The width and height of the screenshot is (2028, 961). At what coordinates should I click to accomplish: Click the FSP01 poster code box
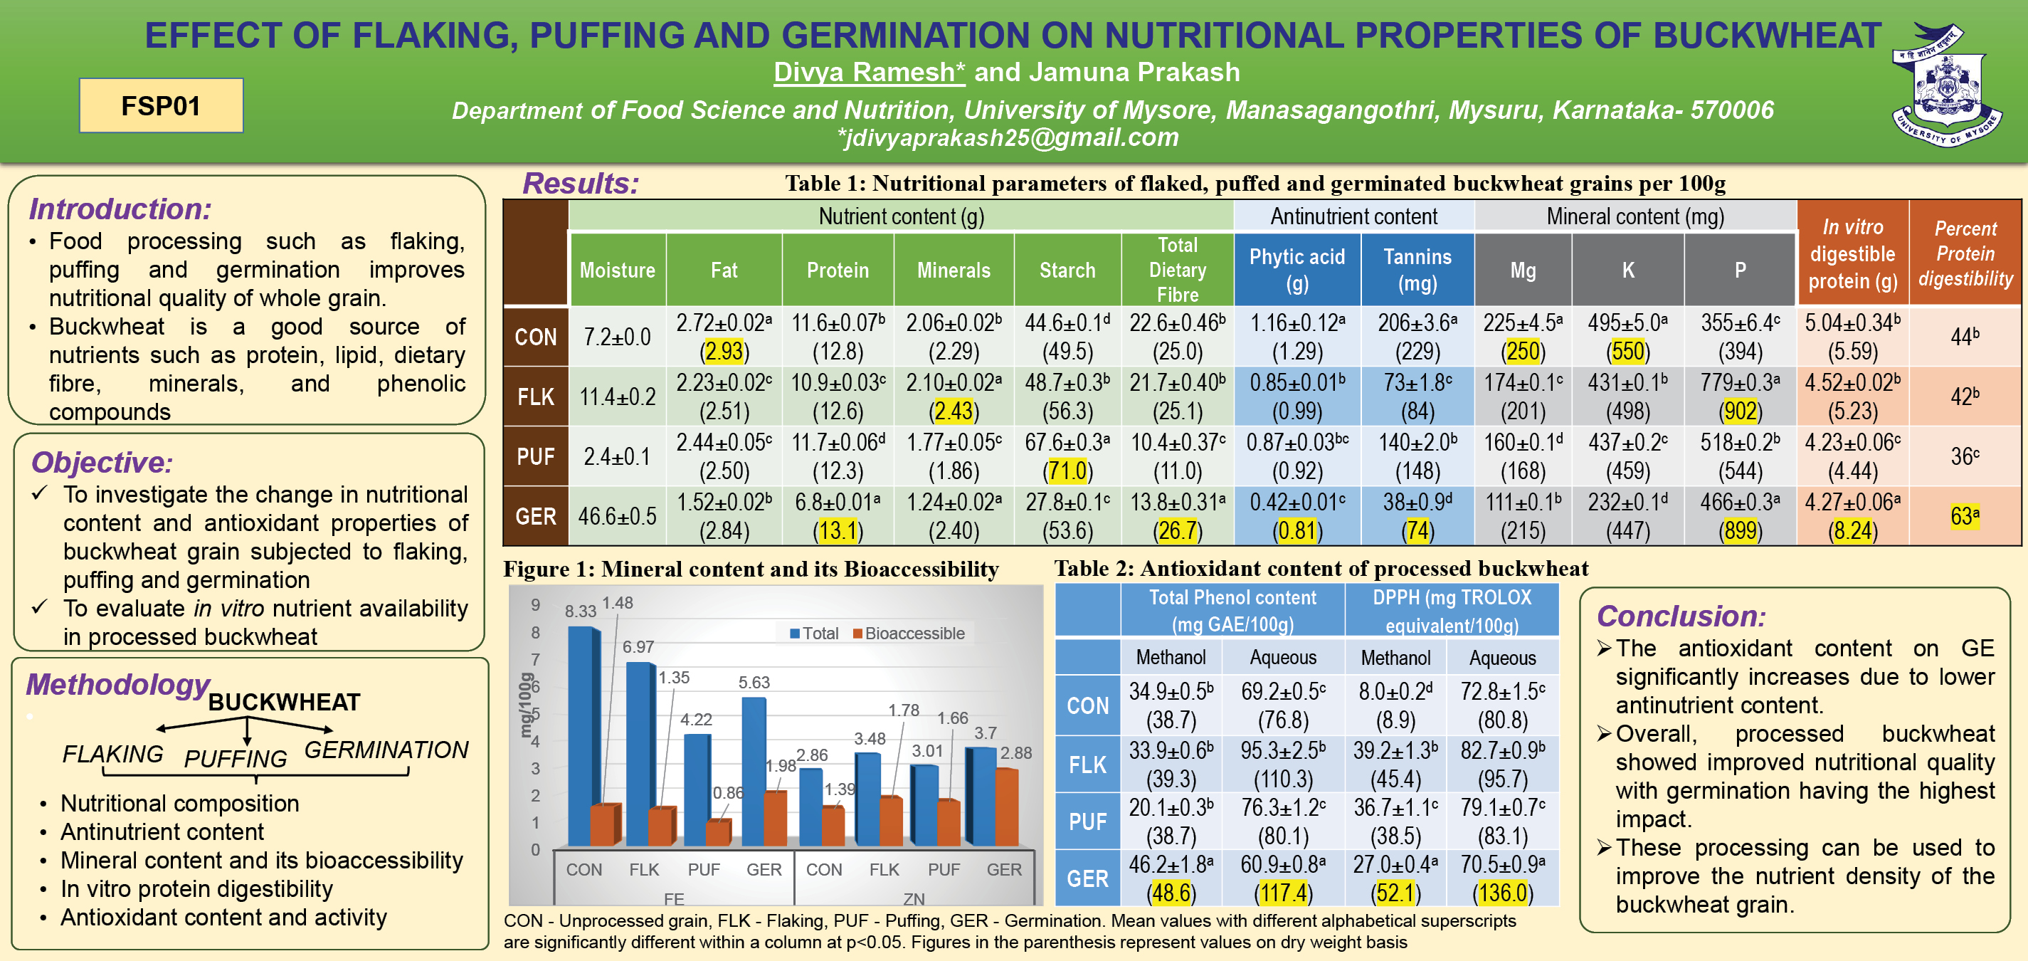click(x=161, y=105)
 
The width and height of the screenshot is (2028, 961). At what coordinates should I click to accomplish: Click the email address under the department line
click(x=1008, y=137)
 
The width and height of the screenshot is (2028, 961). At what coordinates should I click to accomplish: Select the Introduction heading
click(x=120, y=209)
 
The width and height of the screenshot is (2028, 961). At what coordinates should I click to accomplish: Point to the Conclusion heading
click(x=1681, y=615)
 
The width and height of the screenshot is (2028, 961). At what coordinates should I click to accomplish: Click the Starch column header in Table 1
click(x=1067, y=271)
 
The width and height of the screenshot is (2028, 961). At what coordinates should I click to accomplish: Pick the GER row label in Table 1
click(x=535, y=517)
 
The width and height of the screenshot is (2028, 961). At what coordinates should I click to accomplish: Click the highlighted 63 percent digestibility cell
click(x=1964, y=516)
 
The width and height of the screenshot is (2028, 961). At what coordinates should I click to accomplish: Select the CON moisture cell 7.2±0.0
click(x=616, y=337)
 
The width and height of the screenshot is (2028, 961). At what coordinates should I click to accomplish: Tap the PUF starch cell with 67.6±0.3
click(x=1067, y=456)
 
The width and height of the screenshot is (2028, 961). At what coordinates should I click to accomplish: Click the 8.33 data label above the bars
click(x=580, y=611)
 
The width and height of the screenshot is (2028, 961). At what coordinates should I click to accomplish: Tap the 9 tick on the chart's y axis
click(x=535, y=605)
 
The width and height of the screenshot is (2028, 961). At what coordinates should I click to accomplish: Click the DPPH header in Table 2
click(x=1452, y=611)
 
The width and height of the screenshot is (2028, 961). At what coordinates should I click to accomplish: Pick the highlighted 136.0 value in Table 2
click(x=1502, y=893)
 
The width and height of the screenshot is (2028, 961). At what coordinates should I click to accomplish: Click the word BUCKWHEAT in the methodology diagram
click(x=284, y=702)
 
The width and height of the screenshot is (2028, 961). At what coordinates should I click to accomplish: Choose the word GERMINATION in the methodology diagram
click(x=386, y=750)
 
